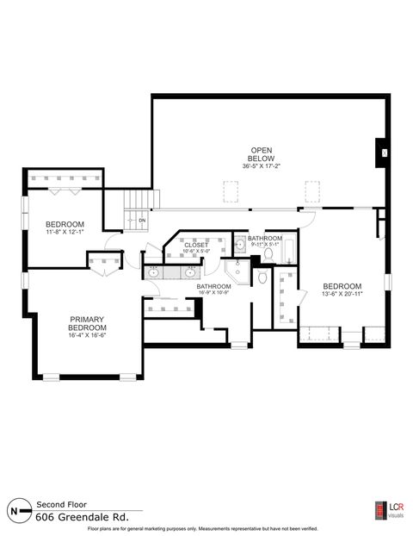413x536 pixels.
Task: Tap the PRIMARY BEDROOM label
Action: pos(87,324)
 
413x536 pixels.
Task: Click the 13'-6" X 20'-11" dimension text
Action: pos(342,295)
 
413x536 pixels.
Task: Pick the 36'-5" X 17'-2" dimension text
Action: pos(261,166)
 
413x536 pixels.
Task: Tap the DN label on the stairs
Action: pos(142,221)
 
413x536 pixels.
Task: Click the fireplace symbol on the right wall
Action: pos(384,153)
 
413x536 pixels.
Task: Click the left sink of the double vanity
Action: pos(154,272)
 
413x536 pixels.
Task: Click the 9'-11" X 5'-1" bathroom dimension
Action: pos(265,244)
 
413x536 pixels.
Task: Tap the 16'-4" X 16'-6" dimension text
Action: pos(87,336)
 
